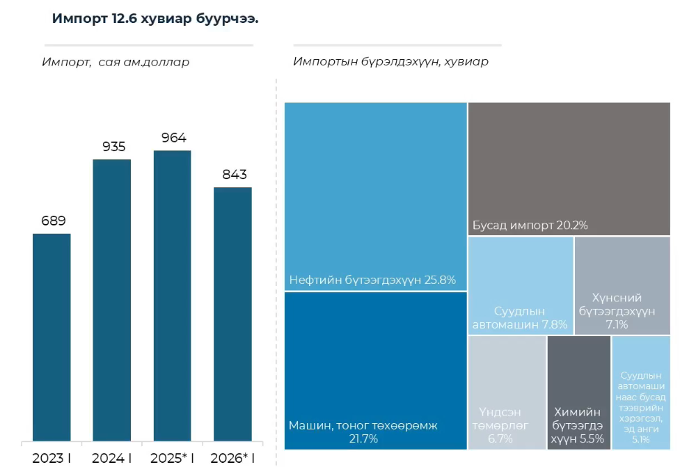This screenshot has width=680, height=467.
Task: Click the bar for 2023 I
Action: [52, 337]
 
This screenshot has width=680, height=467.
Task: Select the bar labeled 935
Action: [112, 299]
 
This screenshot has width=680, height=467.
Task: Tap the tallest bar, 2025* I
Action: [172, 295]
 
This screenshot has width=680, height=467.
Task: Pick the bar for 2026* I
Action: [232, 313]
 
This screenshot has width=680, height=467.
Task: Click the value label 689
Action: [53, 221]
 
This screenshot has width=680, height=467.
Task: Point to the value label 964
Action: [173, 138]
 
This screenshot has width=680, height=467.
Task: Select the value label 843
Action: [235, 175]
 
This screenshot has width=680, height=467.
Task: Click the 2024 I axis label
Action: [112, 458]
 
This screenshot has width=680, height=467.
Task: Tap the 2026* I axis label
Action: [232, 458]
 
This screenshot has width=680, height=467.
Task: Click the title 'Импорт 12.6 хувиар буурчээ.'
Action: [155, 19]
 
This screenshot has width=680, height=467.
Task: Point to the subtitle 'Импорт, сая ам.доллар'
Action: [116, 62]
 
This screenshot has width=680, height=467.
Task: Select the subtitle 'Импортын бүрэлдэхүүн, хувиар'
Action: [390, 62]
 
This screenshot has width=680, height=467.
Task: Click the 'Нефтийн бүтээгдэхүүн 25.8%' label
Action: [372, 280]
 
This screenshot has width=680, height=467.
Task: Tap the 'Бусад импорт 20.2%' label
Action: [530, 225]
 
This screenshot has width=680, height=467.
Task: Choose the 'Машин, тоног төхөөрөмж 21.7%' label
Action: [363, 432]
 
